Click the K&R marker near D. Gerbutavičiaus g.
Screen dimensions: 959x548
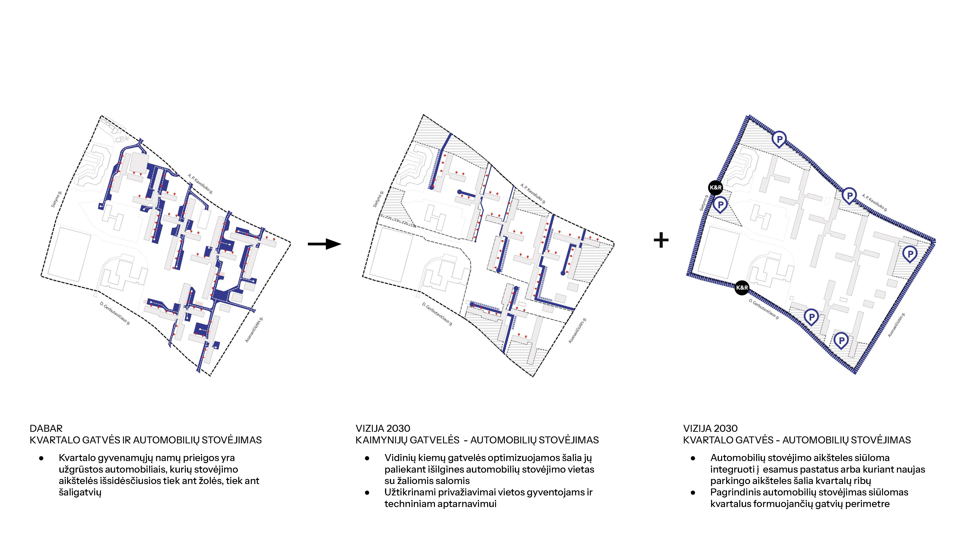742,288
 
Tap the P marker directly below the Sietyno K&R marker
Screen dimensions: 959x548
720,205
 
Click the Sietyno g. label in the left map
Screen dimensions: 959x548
56,199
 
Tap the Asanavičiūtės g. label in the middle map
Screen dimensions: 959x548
577,330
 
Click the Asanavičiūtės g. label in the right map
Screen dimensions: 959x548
897,325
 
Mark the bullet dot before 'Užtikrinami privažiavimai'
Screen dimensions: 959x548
367,493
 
